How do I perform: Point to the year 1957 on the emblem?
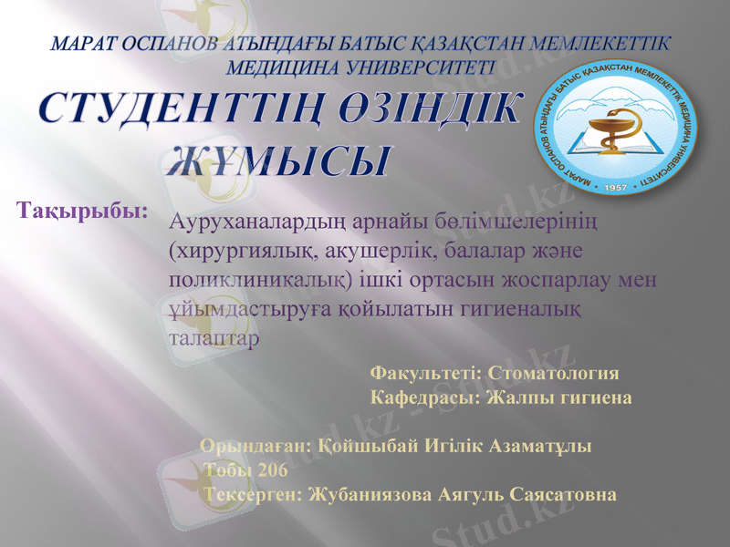coord(618,186)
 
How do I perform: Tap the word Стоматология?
coord(554,374)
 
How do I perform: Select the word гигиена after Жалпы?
coord(590,398)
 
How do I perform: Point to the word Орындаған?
coord(256,447)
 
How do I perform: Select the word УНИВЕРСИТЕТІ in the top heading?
coord(362,66)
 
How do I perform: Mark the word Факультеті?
coord(427,374)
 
